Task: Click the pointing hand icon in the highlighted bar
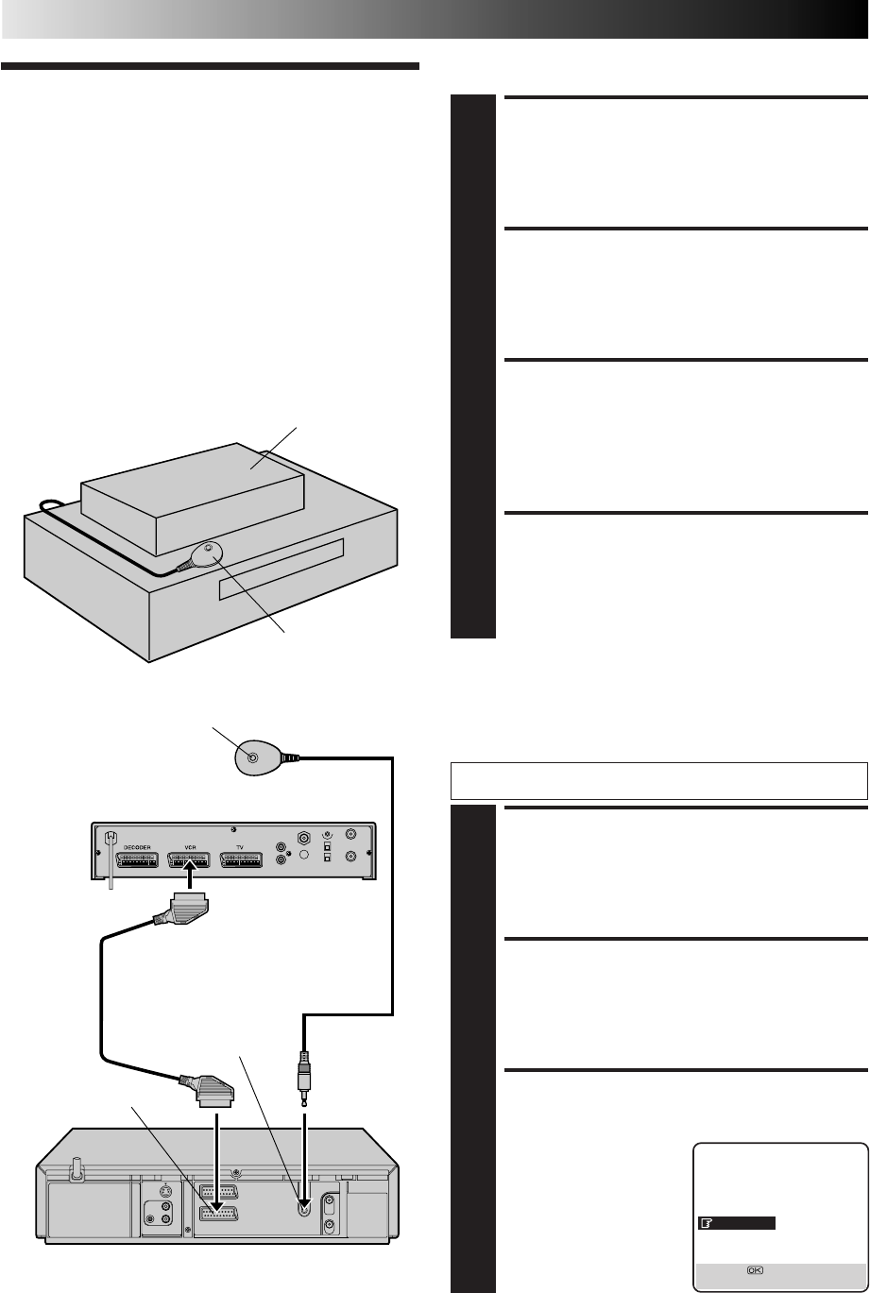[706, 1223]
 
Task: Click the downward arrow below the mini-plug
[305, 1134]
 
